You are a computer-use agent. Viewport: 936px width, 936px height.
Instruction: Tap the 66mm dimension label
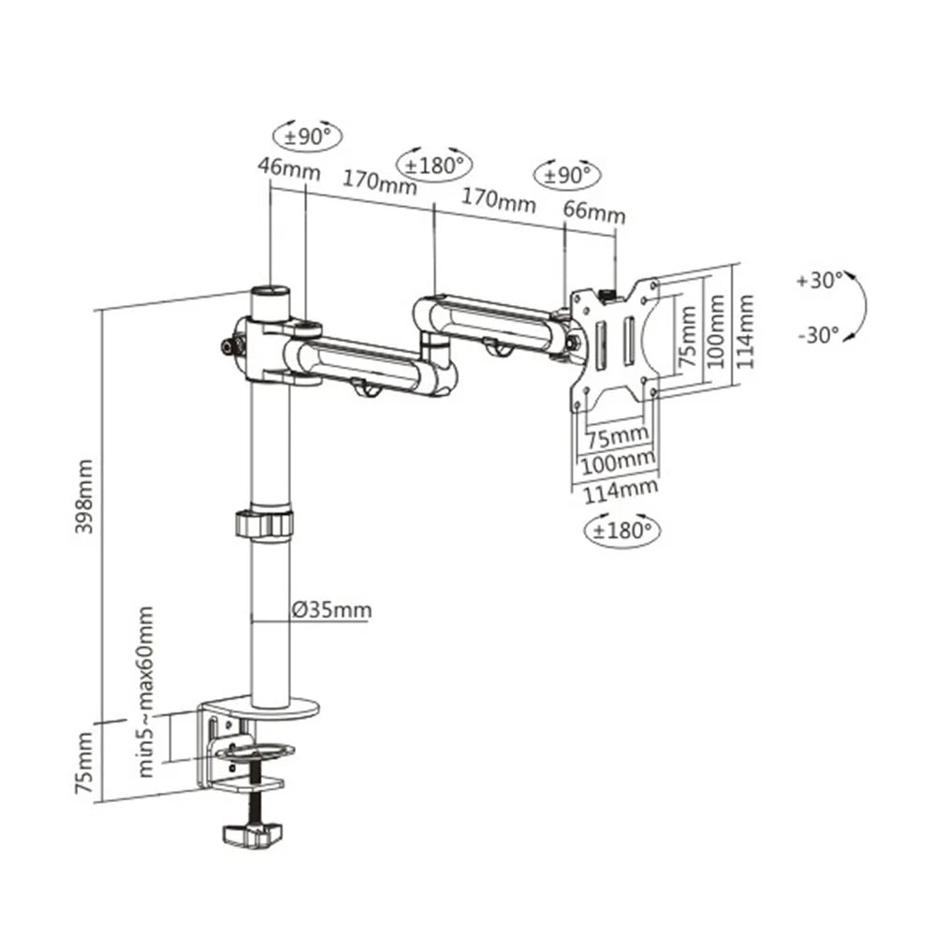click(x=593, y=212)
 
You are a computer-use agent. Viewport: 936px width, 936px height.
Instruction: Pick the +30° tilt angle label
click(x=820, y=279)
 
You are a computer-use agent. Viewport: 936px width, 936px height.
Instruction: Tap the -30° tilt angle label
click(x=820, y=334)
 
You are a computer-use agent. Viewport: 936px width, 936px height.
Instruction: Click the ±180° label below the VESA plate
click(x=622, y=530)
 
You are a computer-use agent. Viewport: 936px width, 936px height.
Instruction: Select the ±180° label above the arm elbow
click(x=435, y=165)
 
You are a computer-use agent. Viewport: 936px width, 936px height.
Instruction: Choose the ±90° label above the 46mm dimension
click(x=308, y=137)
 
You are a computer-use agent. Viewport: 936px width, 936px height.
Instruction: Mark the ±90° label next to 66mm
click(x=565, y=174)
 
